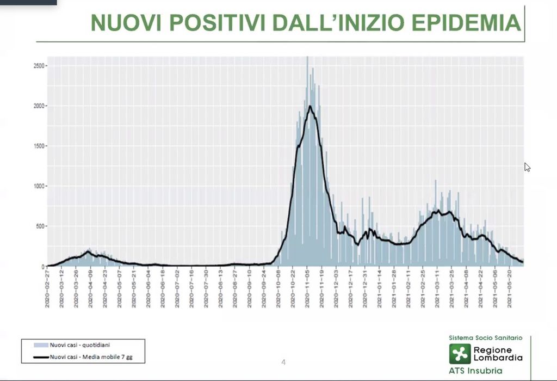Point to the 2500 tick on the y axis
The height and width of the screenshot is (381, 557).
point(39,65)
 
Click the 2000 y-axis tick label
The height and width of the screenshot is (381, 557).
point(39,106)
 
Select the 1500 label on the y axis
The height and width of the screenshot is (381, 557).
point(39,146)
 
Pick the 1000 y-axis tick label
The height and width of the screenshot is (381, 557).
point(39,186)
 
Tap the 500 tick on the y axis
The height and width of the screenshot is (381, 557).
point(41,226)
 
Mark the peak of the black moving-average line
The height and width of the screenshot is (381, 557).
point(310,106)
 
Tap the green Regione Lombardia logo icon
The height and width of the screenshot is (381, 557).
point(459,354)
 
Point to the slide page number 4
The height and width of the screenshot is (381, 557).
point(283,362)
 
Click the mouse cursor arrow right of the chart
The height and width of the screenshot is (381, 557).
point(527,167)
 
